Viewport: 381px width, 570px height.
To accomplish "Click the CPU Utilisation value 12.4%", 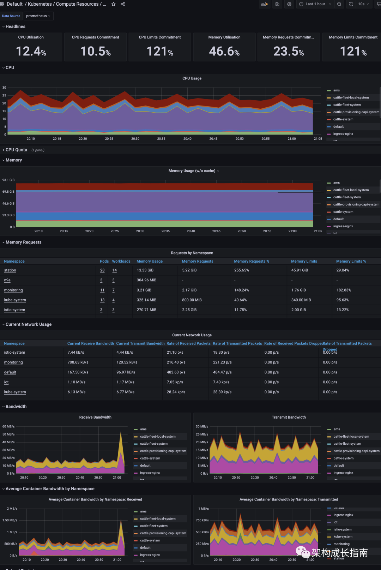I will point(31,52).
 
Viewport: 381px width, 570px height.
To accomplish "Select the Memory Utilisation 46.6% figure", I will point(224,52).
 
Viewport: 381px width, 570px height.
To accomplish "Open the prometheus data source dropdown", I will point(38,16).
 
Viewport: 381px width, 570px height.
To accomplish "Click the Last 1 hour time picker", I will point(315,4).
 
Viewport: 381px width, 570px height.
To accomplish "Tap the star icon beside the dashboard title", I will point(113,4).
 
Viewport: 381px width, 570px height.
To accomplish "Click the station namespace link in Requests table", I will point(10,270).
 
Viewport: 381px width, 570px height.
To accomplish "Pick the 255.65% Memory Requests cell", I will point(242,270).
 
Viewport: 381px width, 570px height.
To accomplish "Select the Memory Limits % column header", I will point(351,262).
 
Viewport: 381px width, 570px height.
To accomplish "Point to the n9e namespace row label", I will point(7,280).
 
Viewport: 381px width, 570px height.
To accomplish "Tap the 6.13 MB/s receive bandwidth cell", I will point(76,392).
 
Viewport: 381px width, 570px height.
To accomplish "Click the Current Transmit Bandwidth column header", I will point(140,343).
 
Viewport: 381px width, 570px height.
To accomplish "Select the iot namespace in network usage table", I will point(6,382).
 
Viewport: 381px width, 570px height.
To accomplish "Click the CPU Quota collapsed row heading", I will point(16,150).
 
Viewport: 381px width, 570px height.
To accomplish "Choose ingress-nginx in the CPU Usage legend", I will point(343,134).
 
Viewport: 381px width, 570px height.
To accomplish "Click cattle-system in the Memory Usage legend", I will point(343,212).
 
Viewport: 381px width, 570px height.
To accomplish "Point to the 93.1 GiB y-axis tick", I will point(8,180).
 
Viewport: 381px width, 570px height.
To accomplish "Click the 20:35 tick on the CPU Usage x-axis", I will point(161,139).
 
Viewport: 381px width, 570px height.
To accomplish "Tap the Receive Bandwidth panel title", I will point(95,417).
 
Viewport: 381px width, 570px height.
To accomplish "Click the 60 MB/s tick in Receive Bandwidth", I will point(8,427).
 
